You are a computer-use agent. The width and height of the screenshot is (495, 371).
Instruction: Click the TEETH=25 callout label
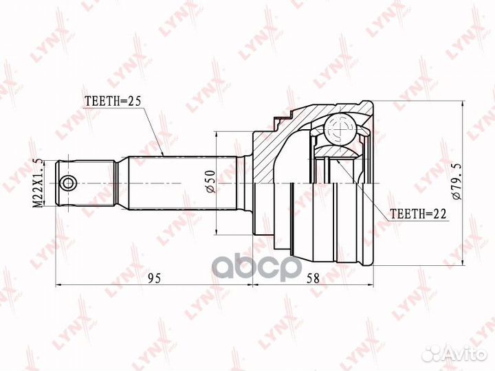(x=113, y=101)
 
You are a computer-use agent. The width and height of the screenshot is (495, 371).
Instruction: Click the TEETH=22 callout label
(x=418, y=214)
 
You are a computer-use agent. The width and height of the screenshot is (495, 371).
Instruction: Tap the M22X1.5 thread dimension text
(x=38, y=183)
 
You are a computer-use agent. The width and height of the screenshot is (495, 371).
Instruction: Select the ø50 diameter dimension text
(x=210, y=181)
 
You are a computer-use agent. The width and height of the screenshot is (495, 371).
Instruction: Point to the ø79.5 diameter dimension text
(x=456, y=181)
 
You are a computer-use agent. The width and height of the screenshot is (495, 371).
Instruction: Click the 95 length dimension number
(x=154, y=278)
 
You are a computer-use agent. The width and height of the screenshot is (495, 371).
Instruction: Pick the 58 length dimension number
(x=313, y=278)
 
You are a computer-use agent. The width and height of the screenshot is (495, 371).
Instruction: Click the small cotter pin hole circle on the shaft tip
(x=68, y=183)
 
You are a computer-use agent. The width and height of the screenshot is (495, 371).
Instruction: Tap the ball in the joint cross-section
(x=341, y=129)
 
